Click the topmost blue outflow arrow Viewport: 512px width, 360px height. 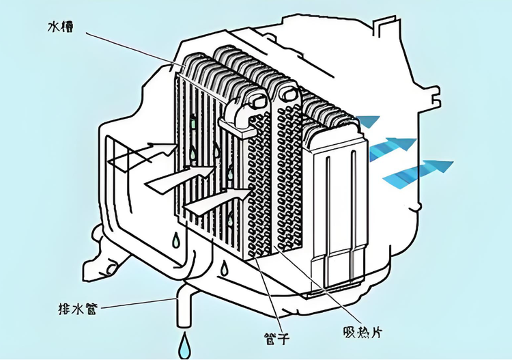369,122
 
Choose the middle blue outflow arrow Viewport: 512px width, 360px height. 393,147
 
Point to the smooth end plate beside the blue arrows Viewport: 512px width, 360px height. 339,205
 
